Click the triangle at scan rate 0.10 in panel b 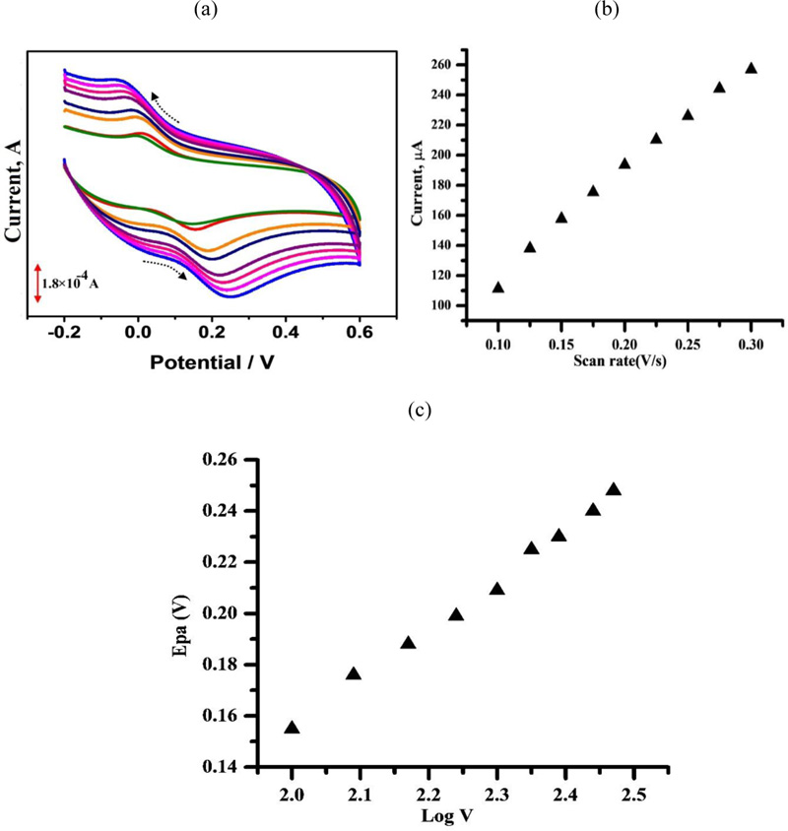[x=498, y=288]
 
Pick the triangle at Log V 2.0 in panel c [x=292, y=728]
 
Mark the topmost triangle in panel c [x=614, y=489]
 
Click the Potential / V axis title [x=213, y=363]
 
